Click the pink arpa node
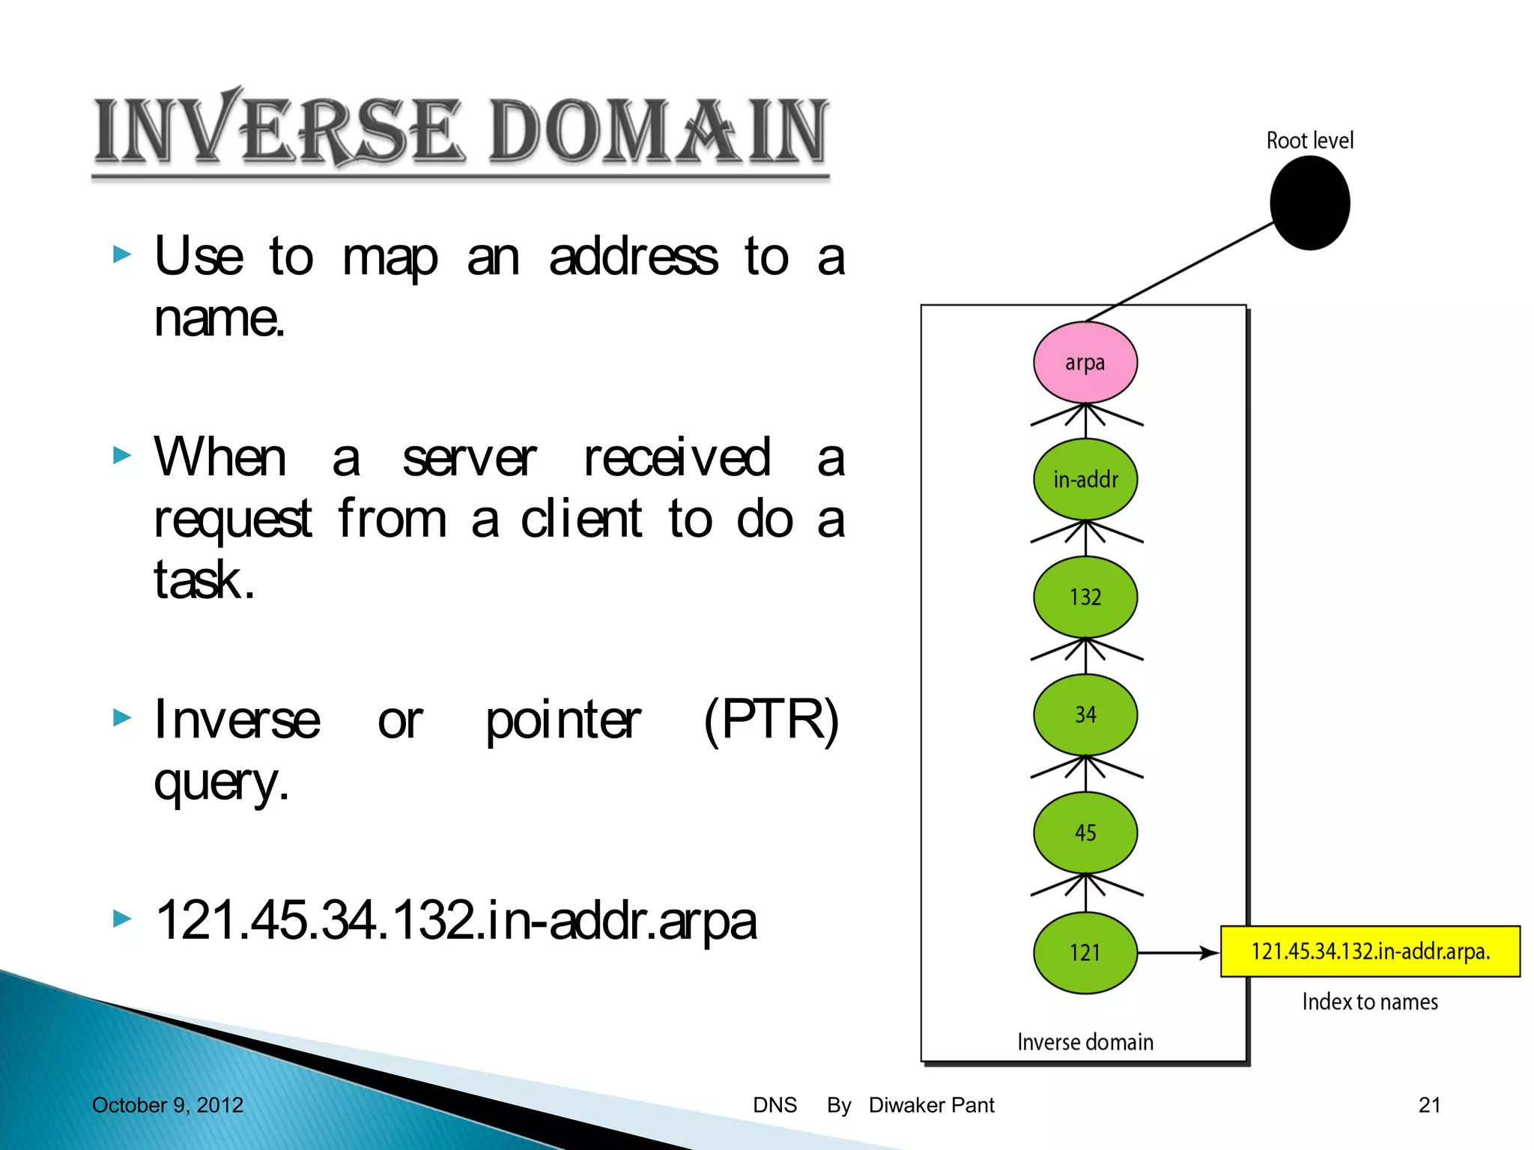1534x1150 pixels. pyautogui.click(x=1085, y=362)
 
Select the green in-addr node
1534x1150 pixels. pyautogui.click(x=1085, y=479)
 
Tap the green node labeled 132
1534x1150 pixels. pyautogui.click(x=1085, y=597)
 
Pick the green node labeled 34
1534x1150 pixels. pyautogui.click(x=1085, y=714)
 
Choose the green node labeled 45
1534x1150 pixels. pyautogui.click(x=1085, y=832)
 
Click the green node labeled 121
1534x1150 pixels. pyautogui.click(x=1085, y=952)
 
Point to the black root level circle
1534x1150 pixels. pyautogui.click(x=1309, y=203)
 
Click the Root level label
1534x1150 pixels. pyautogui.click(x=1309, y=140)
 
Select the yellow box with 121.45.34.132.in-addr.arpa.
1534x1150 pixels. pyautogui.click(x=1369, y=952)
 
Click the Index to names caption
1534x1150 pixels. pyautogui.click(x=1369, y=1002)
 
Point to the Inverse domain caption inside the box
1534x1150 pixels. pyautogui.click(x=1085, y=1041)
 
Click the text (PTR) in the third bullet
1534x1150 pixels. pyautogui.click(x=771, y=719)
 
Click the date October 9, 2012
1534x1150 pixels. pyautogui.click(x=167, y=1105)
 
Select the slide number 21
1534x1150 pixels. pyautogui.click(x=1428, y=1105)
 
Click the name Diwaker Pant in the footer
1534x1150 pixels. pyautogui.click(x=931, y=1105)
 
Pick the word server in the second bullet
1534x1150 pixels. pyautogui.click(x=469, y=457)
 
